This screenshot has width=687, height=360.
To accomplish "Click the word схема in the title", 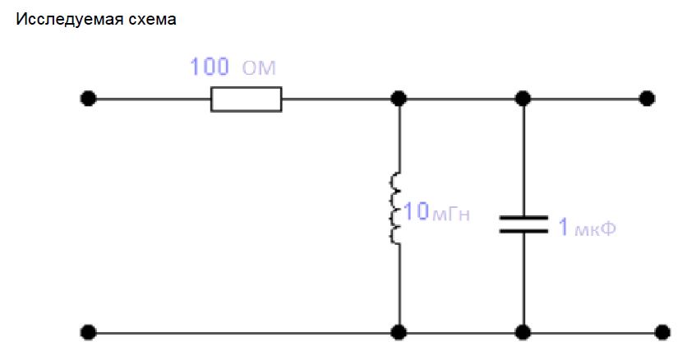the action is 151,20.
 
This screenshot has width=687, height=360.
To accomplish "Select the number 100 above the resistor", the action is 210,67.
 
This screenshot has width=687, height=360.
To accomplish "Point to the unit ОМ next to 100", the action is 259,68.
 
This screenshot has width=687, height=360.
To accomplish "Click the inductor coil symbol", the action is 395,208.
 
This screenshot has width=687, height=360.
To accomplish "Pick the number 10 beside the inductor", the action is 416,210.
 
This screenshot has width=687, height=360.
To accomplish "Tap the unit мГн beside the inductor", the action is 451,215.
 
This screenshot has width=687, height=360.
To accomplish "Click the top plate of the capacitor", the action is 523,218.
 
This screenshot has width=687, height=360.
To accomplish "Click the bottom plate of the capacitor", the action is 523,230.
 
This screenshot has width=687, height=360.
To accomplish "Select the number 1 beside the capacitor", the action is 564,226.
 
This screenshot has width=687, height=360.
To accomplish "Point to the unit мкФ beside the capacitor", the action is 595,228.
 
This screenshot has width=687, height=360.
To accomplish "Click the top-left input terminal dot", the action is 88,99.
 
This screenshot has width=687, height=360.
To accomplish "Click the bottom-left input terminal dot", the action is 88,332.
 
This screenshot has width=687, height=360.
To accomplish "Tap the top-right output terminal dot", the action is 647,99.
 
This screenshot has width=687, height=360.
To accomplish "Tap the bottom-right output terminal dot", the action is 662,332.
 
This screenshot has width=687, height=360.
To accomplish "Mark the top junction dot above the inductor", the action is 399,99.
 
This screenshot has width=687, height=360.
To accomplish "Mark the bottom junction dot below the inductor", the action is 399,332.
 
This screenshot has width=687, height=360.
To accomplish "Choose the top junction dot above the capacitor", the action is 523,99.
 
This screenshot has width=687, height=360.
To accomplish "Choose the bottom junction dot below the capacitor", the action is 523,332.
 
